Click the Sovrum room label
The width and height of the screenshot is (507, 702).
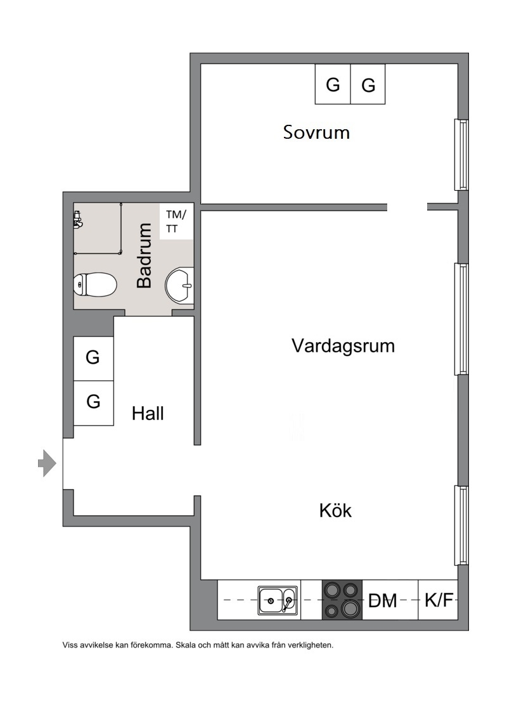point(316,132)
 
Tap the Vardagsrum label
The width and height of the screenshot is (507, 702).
point(343,346)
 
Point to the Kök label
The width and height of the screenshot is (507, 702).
point(335,511)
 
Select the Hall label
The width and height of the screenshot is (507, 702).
point(148,413)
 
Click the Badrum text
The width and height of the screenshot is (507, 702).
point(144,255)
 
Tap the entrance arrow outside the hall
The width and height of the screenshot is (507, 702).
point(47,463)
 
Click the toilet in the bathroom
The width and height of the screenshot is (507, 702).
point(95,285)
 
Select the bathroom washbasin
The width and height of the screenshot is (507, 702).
point(179,285)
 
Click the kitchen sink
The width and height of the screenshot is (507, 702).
point(278,601)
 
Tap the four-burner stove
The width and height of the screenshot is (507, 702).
point(342,600)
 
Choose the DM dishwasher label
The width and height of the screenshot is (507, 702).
point(383,601)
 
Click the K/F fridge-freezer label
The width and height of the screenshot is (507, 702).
point(439,600)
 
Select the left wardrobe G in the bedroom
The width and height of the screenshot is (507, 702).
point(333,84)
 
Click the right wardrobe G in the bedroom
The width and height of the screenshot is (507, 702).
point(368,85)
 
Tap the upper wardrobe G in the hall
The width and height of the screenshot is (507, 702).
point(93,358)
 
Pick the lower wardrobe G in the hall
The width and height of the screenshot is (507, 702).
point(93,402)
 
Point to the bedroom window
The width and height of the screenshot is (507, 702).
point(462,155)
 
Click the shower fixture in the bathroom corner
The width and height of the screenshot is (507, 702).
point(79,220)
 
